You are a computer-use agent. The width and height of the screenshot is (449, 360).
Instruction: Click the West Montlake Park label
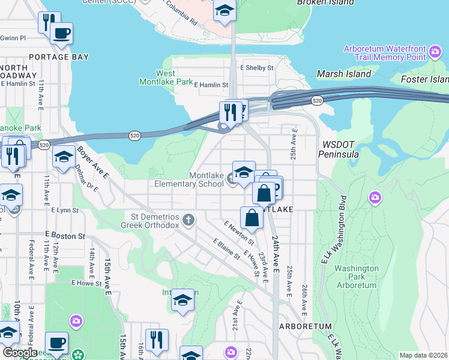pos(166,77)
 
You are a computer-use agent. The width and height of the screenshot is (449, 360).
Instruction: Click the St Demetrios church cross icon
pos(188,220)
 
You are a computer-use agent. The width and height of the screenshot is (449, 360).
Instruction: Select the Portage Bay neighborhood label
pos(59,57)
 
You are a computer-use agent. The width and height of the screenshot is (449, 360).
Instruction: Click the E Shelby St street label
pos(257,68)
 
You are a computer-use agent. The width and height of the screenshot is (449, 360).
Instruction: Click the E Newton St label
pos(237,232)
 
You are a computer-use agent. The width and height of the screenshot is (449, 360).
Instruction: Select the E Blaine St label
pos(226,249)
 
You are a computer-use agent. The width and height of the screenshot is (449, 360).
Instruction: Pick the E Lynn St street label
pos(65,211)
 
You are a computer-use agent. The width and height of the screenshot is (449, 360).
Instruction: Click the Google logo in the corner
pos(20,353)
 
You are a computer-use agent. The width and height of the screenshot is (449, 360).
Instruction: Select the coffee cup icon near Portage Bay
pos(61,33)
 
